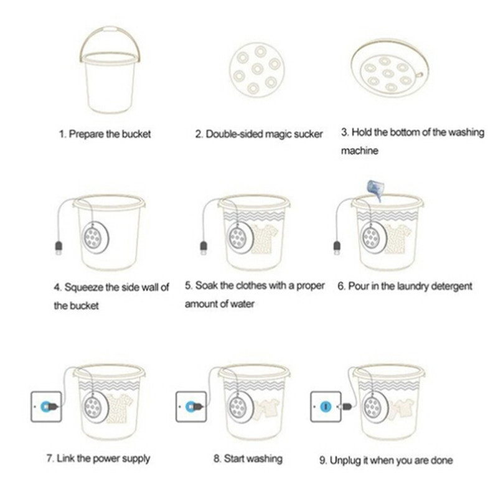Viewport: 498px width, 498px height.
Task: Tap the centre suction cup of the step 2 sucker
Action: coord(257,69)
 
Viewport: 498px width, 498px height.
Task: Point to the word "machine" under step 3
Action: coord(360,151)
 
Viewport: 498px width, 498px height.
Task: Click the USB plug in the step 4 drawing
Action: coord(59,247)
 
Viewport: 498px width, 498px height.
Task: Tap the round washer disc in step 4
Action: coord(96,238)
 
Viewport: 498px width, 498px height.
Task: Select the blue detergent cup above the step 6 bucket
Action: coord(375,190)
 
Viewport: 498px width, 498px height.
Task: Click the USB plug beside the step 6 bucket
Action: coord(337,247)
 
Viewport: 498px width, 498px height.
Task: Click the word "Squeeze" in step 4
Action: coord(83,288)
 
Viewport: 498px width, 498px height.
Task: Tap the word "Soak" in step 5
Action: coord(206,286)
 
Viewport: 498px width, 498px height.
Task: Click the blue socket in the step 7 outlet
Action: coord(45,406)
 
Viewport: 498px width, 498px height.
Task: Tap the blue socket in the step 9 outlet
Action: coord(325,406)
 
